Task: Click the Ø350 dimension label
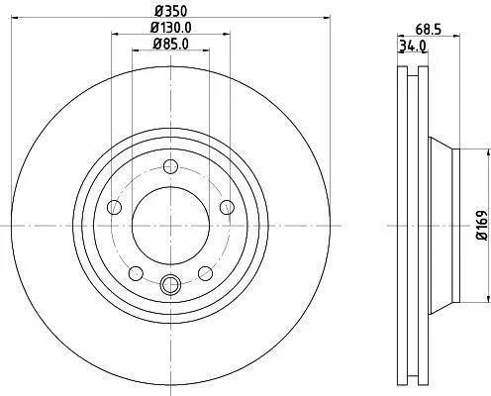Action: [171, 11]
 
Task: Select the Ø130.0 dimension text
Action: [171, 28]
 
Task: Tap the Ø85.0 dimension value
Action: [171, 44]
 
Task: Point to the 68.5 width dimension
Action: [429, 30]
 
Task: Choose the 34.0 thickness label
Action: [413, 46]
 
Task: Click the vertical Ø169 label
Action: [482, 226]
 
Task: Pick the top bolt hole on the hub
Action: [170, 166]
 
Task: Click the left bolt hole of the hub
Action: [115, 207]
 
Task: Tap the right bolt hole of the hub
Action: [227, 207]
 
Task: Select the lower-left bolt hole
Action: [136, 273]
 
